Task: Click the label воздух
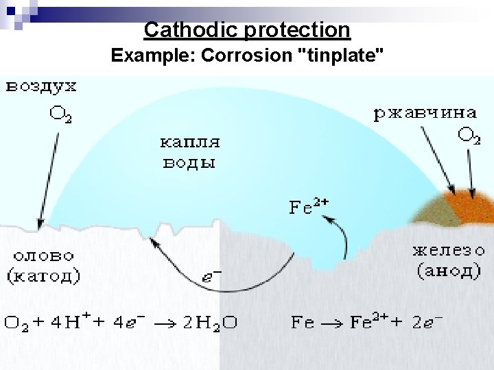pyautogui.click(x=42, y=87)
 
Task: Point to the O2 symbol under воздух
pyautogui.click(x=60, y=114)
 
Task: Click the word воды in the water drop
pyautogui.click(x=189, y=163)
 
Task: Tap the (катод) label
pyautogui.click(x=44, y=276)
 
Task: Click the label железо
pyautogui.click(x=448, y=251)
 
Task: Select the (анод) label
pyautogui.click(x=448, y=271)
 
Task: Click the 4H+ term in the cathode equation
pyautogui.click(x=69, y=321)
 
